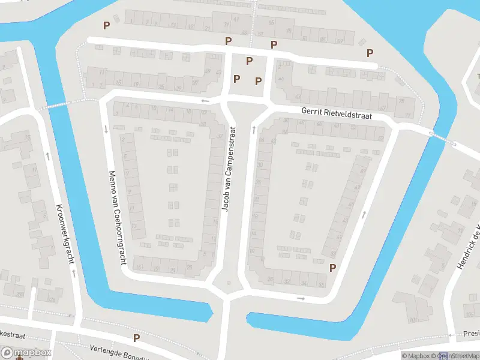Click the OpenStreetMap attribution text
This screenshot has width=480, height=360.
(458, 356)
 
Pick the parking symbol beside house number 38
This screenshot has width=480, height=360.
(332, 268)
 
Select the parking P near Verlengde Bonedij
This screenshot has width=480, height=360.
(136, 338)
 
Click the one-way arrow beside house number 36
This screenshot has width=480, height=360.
(301, 298)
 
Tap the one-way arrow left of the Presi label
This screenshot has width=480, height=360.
(451, 335)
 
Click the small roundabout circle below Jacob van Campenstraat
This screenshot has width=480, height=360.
(227, 283)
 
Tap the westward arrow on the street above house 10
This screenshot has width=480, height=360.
(205, 101)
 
